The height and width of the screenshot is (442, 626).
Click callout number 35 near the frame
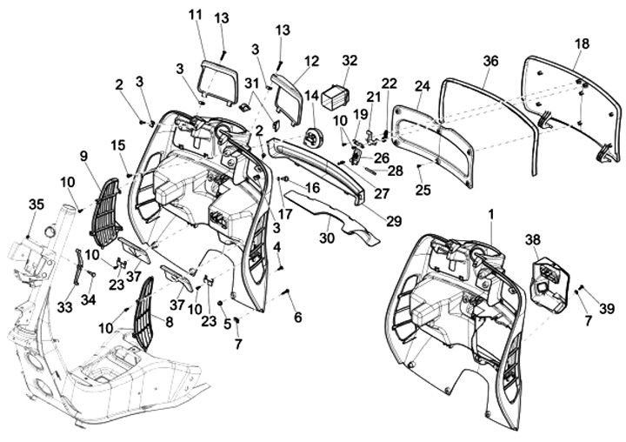(x=36, y=204)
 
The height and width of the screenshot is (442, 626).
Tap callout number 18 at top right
(x=582, y=43)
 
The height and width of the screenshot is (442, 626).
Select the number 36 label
(x=491, y=60)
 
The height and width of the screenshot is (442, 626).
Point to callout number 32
(x=350, y=60)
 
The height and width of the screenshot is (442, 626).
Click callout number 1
(x=491, y=213)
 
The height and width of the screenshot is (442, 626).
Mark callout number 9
(x=83, y=156)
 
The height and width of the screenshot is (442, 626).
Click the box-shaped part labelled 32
(x=334, y=93)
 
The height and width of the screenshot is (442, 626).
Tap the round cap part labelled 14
(x=314, y=137)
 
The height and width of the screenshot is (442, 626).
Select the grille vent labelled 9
(x=104, y=213)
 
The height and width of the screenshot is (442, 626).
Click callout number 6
(x=298, y=318)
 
